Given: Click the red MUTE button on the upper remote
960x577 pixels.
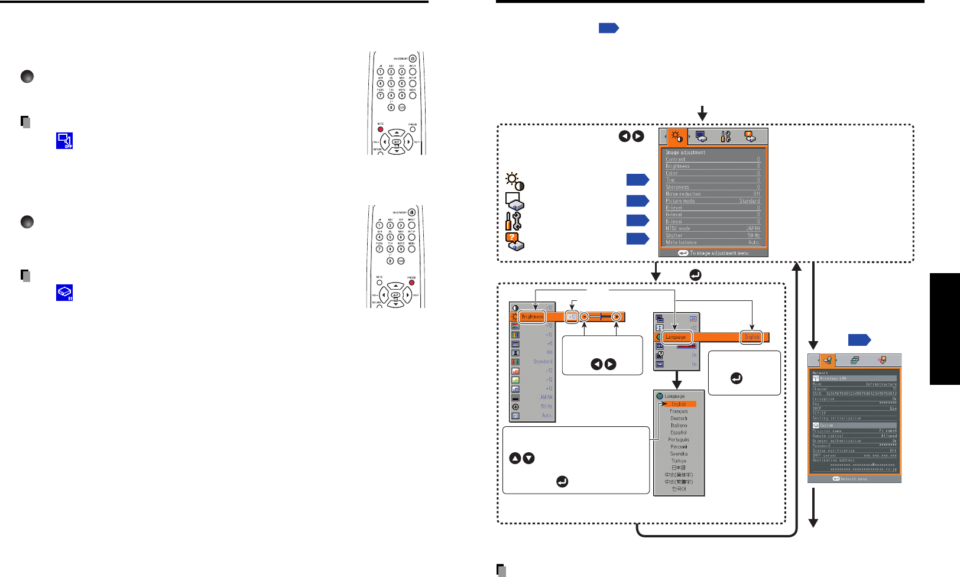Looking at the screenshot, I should [x=380, y=129].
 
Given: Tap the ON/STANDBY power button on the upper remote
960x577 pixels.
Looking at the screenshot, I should [x=413, y=58].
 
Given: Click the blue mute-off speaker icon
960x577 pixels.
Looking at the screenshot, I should [x=64, y=141].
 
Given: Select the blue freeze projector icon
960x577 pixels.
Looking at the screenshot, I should [x=64, y=293].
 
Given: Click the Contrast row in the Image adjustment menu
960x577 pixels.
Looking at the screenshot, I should [x=712, y=160].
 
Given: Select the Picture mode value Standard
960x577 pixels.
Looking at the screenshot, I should [x=749, y=201].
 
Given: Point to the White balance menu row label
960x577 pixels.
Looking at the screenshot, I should [x=681, y=242].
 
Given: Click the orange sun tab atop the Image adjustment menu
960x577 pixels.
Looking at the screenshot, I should [x=677, y=137].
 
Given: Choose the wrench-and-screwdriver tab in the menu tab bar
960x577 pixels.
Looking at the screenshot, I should [x=726, y=137].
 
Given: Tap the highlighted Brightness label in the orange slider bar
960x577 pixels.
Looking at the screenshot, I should [x=532, y=317].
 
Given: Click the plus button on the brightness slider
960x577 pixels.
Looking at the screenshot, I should [x=617, y=317].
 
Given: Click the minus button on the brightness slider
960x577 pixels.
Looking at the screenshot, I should [x=584, y=317].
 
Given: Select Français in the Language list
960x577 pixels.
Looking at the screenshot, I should [x=679, y=411].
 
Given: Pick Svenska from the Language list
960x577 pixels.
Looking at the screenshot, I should [x=679, y=454].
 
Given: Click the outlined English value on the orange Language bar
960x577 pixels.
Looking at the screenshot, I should [x=752, y=337].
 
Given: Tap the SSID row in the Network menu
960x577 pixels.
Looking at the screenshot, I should [x=854, y=394].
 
